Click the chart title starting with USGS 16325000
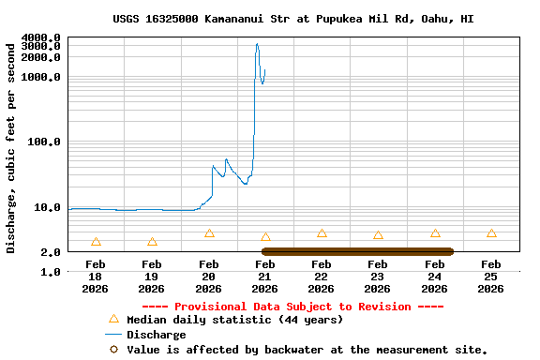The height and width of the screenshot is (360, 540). pos(292,18)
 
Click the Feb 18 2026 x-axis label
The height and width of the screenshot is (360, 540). pos(96,277)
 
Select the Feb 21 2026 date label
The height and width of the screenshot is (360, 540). pos(265,277)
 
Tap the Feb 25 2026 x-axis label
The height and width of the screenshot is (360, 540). pos(491,277)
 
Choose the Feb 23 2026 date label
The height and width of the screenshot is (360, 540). pos(378,277)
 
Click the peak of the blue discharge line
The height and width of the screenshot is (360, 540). pos(257,43)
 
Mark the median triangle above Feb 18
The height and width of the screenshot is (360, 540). pos(96,242)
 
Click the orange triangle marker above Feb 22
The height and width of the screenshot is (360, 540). pos(322,233)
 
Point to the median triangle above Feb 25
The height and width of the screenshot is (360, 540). pos(491,233)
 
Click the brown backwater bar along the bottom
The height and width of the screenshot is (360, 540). pos(357,251)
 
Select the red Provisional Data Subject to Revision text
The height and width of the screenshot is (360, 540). pos(292,307)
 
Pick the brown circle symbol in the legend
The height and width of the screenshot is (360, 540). pos(112,350)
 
